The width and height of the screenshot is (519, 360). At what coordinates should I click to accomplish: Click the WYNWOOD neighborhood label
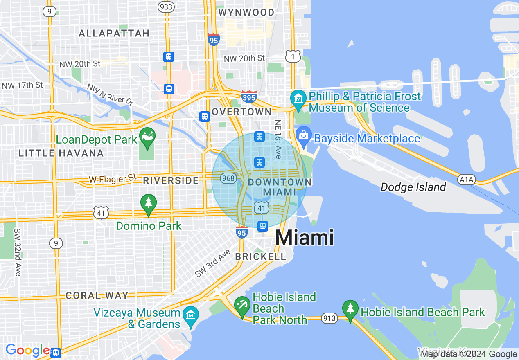pos(246,12)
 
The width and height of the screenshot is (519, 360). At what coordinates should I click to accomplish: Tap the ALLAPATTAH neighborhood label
pos(114,33)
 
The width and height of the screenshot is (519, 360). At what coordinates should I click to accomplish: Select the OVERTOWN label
pos(241,112)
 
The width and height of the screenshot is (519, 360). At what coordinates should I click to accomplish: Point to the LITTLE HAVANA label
pos(61,153)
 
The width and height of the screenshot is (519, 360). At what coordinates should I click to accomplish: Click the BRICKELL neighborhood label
pos(261,256)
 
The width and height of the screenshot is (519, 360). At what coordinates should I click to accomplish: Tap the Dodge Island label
pos(413,187)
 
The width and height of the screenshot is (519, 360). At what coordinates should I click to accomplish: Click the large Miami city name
pos(305,238)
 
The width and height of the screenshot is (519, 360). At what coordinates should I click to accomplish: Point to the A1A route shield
pos(466,179)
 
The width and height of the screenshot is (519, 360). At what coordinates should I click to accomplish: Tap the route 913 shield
pos(330,318)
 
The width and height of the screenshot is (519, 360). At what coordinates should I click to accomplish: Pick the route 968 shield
pos(228,178)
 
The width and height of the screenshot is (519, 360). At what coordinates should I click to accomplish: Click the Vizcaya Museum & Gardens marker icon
pos(191,316)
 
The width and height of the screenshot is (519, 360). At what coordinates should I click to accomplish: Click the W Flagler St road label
pos(113,179)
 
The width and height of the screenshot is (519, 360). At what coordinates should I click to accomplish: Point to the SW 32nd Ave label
pos(17,252)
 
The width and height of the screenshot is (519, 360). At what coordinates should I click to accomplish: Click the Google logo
pos(28,350)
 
